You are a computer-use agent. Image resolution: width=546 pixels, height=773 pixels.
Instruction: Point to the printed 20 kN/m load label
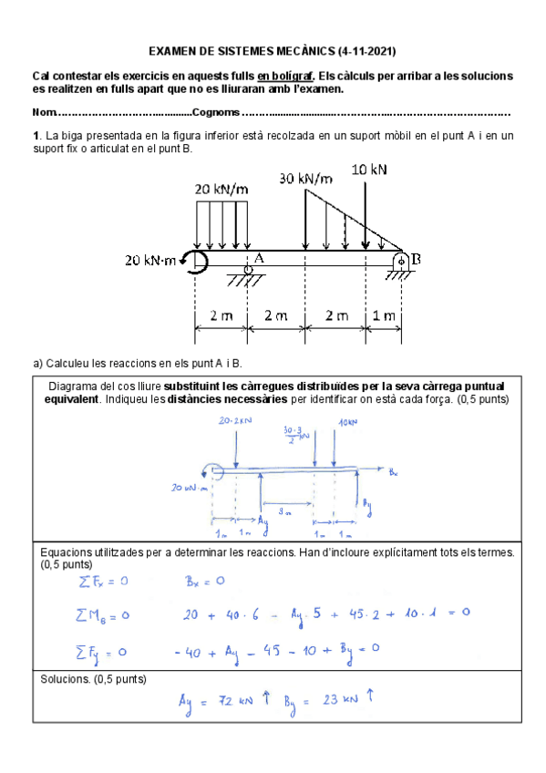[x=221, y=189]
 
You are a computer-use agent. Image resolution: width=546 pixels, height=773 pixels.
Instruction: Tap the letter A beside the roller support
[x=258, y=257]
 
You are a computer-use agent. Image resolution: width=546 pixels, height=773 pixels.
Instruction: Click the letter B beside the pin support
[x=416, y=258]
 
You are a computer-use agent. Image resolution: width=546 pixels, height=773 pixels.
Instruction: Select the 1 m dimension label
[x=383, y=315]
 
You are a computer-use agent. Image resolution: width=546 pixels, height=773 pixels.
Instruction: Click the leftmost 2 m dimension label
[x=221, y=315]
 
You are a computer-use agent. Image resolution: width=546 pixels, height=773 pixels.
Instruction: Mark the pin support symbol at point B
[x=400, y=263]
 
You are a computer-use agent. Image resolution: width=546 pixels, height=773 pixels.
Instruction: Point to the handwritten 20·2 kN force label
[x=235, y=422]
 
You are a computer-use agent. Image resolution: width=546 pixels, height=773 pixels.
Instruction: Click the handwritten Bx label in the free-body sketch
[x=393, y=471]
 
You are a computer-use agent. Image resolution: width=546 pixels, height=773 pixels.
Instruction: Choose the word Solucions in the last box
[x=66, y=678]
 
